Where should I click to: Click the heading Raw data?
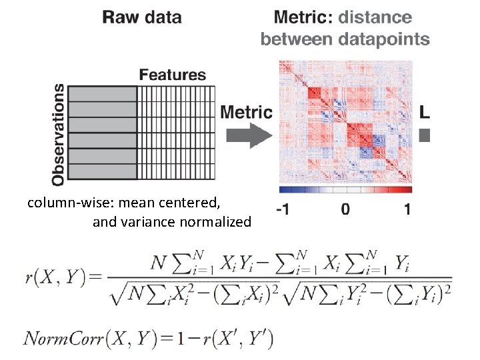[x=142, y=17]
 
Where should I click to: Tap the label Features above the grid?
[x=173, y=75]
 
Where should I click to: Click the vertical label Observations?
[x=59, y=133]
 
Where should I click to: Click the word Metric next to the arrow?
[x=246, y=112]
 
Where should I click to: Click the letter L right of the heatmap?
[x=425, y=112]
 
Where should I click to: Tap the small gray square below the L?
[x=425, y=135]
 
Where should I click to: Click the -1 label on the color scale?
[x=283, y=210]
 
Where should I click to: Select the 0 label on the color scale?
[x=345, y=210]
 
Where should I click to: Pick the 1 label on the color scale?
[x=407, y=210]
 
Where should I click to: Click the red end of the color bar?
[x=407, y=190]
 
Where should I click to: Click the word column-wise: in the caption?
[x=65, y=202]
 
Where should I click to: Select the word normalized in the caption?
[x=215, y=221]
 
